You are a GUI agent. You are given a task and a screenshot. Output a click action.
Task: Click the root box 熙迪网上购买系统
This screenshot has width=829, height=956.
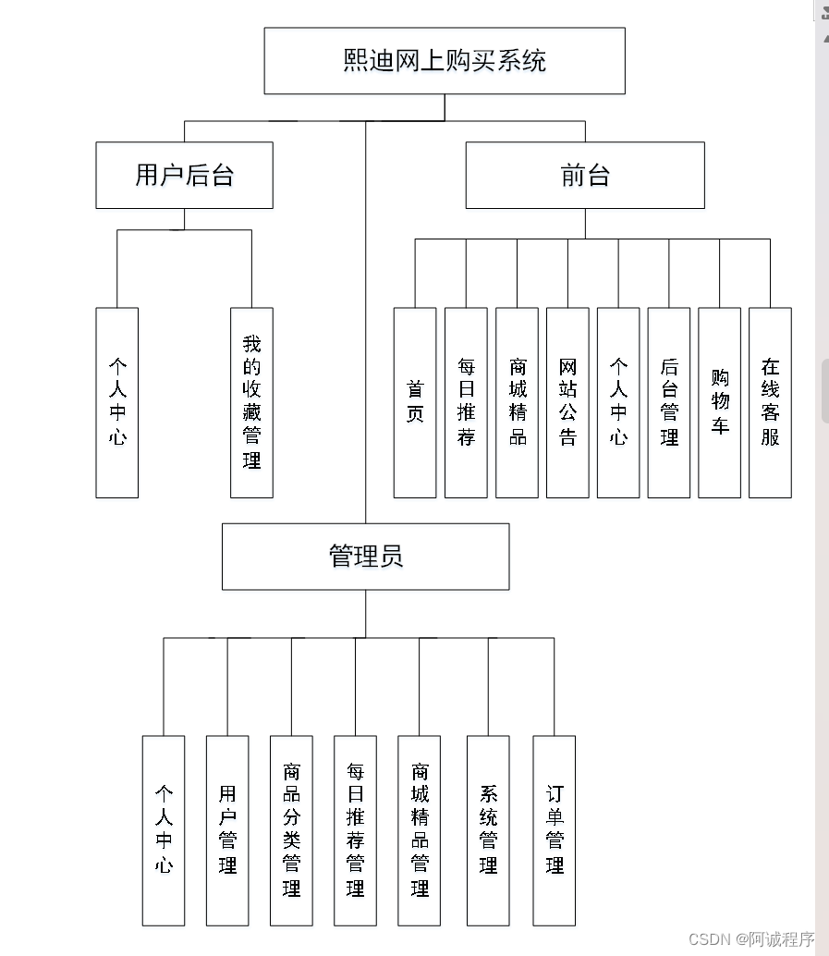pos(445,61)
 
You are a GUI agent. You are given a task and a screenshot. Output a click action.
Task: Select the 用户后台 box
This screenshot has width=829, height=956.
pos(184,175)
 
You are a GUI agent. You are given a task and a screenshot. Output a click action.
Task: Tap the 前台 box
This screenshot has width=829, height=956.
pos(585,175)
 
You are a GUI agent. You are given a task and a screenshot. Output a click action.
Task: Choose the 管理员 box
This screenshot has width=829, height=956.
pos(365,557)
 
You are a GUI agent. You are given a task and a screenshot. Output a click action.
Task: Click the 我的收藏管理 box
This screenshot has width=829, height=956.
pos(251,403)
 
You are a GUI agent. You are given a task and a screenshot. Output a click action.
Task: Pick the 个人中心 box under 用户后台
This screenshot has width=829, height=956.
pos(117,403)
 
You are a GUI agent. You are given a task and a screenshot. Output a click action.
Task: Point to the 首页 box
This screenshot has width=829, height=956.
pos(415,403)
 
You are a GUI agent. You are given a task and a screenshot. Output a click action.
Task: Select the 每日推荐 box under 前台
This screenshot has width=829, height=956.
pos(466,403)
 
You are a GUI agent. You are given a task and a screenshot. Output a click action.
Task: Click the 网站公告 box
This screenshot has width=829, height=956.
pos(567,403)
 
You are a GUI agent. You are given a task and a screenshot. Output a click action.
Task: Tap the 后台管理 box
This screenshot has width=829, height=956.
pos(669,403)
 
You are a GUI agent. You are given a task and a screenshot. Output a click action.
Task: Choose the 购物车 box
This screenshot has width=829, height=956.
pos(720,403)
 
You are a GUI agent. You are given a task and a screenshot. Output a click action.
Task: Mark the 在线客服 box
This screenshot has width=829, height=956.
pos(770,403)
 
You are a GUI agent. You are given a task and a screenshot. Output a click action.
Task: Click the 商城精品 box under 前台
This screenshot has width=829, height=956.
pos(517,403)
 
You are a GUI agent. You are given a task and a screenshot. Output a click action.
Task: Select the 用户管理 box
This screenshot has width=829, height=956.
pos(227,830)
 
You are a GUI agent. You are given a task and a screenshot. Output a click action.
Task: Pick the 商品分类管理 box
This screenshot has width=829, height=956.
pos(291,830)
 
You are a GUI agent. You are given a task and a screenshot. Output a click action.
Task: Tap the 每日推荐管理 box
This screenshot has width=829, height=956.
pos(355,830)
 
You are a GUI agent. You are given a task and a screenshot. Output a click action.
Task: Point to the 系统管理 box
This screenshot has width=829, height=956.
pos(488,830)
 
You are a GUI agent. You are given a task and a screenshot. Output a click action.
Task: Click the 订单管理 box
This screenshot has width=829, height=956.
pos(555,830)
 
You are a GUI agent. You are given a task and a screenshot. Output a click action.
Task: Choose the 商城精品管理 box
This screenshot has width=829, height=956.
pos(420,830)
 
